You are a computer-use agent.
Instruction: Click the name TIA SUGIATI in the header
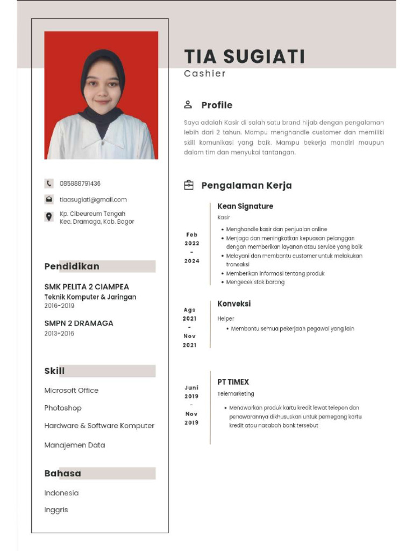pyautogui.click(x=244, y=56)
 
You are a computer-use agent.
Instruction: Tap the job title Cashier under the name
pyautogui.click(x=204, y=74)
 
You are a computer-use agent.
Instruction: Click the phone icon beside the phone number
pyautogui.click(x=49, y=183)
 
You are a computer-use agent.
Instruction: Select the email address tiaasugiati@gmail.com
pyautogui.click(x=93, y=200)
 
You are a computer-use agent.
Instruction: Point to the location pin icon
pyautogui.click(x=49, y=217)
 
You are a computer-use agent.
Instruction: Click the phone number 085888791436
pyautogui.click(x=80, y=183)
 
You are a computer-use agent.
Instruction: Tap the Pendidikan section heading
pyautogui.click(x=72, y=266)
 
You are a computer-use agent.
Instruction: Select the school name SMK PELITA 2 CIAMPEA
pyautogui.click(x=87, y=287)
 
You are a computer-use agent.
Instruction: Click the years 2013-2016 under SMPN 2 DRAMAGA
pyautogui.click(x=59, y=334)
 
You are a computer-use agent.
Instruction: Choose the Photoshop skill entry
pyautogui.click(x=63, y=408)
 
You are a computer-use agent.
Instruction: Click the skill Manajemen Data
pyautogui.click(x=75, y=445)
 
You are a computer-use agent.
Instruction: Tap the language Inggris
pyautogui.click(x=56, y=510)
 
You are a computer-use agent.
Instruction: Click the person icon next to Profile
pyautogui.click(x=188, y=104)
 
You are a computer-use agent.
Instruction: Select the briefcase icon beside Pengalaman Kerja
pyautogui.click(x=188, y=185)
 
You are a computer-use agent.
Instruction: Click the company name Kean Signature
pyautogui.click(x=245, y=206)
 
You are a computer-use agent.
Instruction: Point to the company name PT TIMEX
pyautogui.click(x=233, y=382)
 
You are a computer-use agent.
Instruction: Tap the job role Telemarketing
pyautogui.click(x=236, y=394)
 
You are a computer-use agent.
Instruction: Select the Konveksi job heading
pyautogui.click(x=234, y=303)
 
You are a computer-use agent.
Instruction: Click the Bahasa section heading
pyautogui.click(x=62, y=474)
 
